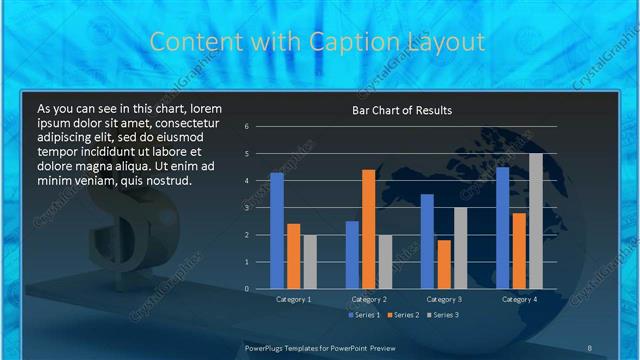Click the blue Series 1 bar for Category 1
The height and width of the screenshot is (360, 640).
pyautogui.click(x=277, y=231)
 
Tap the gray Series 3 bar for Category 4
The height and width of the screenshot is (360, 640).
pyautogui.click(x=535, y=221)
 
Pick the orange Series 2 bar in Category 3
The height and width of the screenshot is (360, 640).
pyautogui.click(x=443, y=264)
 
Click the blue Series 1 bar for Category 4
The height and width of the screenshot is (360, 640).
pyautogui.click(x=502, y=228)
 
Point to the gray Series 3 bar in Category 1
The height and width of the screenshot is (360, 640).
pyautogui.click(x=310, y=262)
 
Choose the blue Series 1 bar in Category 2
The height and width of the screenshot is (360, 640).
pyautogui.click(x=352, y=255)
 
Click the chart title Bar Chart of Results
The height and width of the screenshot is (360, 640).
pyautogui.click(x=403, y=110)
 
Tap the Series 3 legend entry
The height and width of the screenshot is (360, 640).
pyautogui.click(x=443, y=315)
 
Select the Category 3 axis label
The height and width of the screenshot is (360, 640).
pyautogui.click(x=443, y=299)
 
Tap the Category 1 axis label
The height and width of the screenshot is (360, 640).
pyautogui.click(x=293, y=299)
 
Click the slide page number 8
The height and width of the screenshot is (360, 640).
pyautogui.click(x=590, y=348)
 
